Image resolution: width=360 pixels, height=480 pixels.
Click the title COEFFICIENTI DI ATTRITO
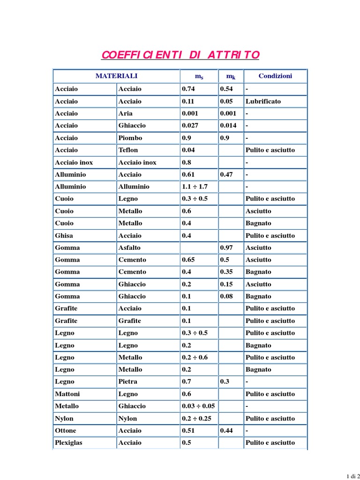point(180,55)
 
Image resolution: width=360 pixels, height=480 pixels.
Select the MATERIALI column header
point(116,76)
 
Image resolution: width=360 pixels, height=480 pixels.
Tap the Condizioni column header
point(275,76)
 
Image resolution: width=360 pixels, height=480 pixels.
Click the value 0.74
point(188,89)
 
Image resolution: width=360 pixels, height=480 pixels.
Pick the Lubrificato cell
point(263,101)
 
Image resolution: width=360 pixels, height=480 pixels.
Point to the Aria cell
point(126,113)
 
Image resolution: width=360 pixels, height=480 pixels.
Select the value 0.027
point(190,126)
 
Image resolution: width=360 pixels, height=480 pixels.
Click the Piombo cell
point(130,138)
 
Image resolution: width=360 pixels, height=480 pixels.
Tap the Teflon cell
point(128,150)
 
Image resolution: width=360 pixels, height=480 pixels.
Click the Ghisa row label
point(64,235)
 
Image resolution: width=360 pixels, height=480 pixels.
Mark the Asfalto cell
point(129,247)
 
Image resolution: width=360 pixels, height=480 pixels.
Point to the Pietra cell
point(128,382)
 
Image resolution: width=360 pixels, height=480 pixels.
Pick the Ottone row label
point(66,430)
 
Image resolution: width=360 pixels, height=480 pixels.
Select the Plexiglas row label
point(68,442)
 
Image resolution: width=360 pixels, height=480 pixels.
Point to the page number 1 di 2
point(351,476)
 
